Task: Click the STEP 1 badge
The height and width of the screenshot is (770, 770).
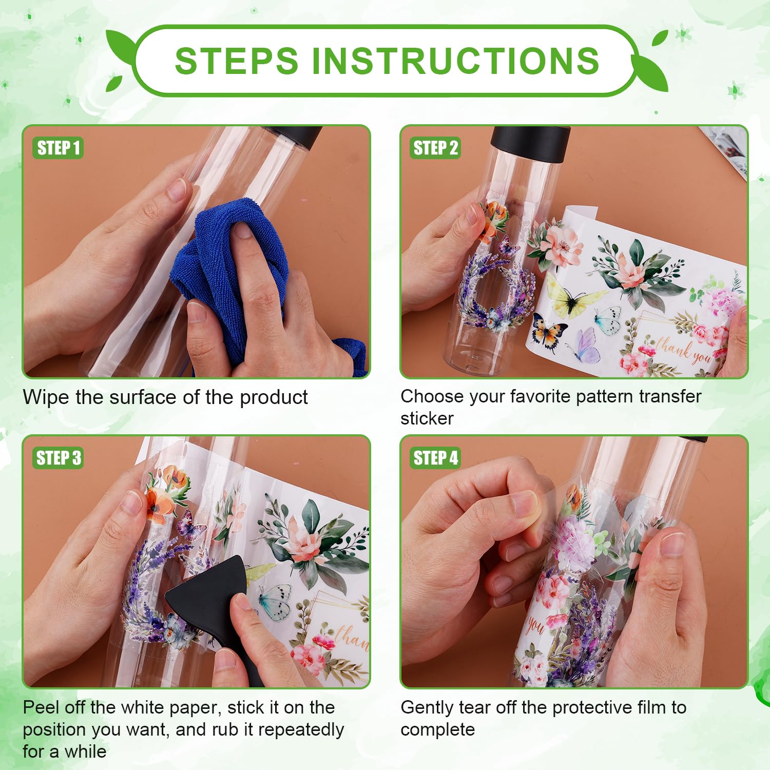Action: [x=58, y=148]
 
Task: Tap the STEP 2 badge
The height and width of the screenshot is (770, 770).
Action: [x=435, y=148]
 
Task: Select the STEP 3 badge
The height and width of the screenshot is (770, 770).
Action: [x=59, y=457]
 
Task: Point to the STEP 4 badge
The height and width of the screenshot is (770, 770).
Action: [x=435, y=457]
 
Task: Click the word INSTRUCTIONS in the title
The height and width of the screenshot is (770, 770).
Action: [x=455, y=61]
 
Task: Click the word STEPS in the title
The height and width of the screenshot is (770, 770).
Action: [x=237, y=61]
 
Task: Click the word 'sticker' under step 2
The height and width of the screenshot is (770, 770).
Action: [x=427, y=419]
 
